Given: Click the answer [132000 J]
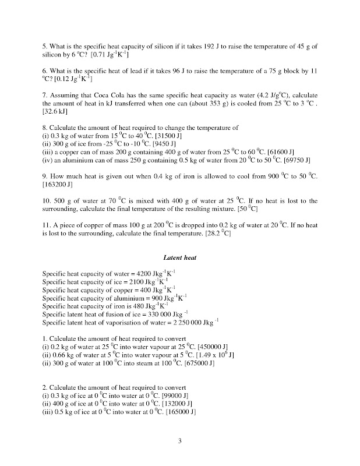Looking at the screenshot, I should pyautogui.click(x=174, y=404).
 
